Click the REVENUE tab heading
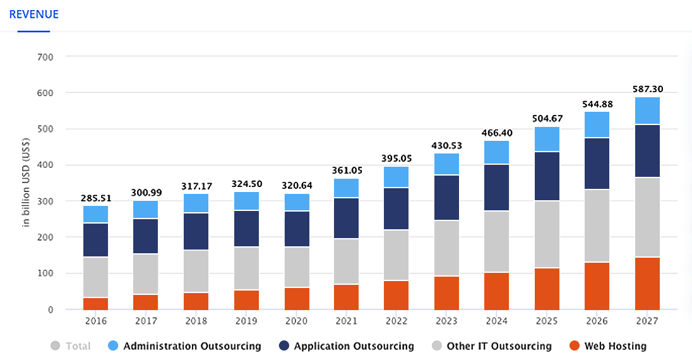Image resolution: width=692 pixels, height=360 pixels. tap(33, 14)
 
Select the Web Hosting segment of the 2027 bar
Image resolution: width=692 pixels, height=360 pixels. tap(647, 283)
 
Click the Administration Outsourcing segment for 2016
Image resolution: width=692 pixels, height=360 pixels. tap(95, 214)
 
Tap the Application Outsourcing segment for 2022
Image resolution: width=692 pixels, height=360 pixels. tap(396, 208)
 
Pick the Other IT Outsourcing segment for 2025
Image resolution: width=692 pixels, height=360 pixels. tap(547, 234)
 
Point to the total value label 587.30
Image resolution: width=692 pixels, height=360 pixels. tap(647, 89)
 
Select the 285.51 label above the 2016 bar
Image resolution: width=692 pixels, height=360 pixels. tap(95, 198)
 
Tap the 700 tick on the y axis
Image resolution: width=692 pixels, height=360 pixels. tap(45, 57)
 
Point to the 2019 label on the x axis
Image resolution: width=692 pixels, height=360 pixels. tap(246, 321)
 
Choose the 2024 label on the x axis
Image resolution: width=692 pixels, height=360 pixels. tap(496, 321)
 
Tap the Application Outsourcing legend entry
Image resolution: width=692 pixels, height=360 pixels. tap(346, 346)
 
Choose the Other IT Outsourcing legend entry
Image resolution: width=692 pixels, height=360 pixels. tap(491, 346)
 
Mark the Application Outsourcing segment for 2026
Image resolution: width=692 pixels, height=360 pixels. tap(597, 163)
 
